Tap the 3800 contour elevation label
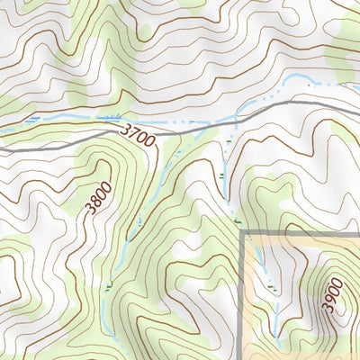pyautogui.click(x=96, y=199)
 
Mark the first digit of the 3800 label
pyautogui.click(x=89, y=212)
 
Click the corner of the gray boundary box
pyautogui.click(x=243, y=232)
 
